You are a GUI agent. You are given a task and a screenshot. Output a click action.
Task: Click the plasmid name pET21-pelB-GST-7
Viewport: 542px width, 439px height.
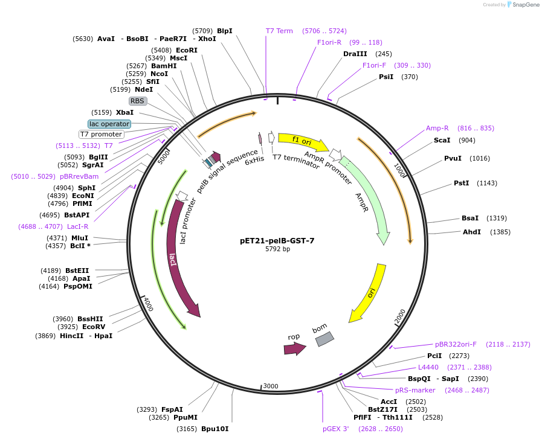pos(277,240)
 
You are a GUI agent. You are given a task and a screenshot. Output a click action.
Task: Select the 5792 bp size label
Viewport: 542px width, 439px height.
pos(277,249)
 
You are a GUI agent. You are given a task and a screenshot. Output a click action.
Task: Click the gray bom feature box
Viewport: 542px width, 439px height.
pos(324,339)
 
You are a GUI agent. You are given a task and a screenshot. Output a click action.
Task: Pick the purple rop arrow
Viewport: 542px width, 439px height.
pos(294,348)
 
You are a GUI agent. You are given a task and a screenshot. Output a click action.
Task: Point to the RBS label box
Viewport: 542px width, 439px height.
pos(138,101)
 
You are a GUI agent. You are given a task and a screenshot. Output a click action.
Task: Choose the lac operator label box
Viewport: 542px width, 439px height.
pos(109,124)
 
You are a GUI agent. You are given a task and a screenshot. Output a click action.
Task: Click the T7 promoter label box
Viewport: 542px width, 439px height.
pos(102,134)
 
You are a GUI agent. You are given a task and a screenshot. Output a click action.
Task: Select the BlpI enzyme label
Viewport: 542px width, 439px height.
pos(224,31)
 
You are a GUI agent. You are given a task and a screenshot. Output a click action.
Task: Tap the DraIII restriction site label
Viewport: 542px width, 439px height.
pos(355,54)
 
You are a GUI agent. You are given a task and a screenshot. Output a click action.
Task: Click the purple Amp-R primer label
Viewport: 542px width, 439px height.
pos(437,128)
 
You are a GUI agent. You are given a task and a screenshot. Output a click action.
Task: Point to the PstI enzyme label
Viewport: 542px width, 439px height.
pos(461,183)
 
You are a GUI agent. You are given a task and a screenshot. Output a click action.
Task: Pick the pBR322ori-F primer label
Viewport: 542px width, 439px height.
pos(456,344)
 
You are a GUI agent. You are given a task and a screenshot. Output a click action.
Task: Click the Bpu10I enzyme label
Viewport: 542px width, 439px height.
pos(215,429)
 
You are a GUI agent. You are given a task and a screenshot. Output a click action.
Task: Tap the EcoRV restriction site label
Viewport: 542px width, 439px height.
pos(93,327)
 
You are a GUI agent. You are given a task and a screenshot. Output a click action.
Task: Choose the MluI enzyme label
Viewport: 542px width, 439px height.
pos(80,238)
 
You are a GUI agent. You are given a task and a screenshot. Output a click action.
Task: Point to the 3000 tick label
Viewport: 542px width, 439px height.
pos(271,386)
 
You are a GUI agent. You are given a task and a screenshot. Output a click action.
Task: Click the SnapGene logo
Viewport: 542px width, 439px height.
pos(523,4)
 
